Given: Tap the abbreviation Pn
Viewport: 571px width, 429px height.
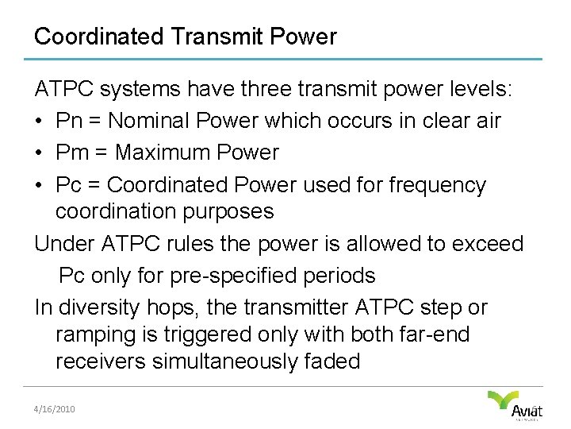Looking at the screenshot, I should pyautogui.click(x=69, y=121).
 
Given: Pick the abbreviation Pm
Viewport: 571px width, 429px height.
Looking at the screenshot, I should pyautogui.click(x=71, y=153).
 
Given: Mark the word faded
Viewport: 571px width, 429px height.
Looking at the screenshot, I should pyautogui.click(x=331, y=361).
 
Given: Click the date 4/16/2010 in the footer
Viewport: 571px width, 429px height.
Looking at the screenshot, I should pyautogui.click(x=54, y=408).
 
